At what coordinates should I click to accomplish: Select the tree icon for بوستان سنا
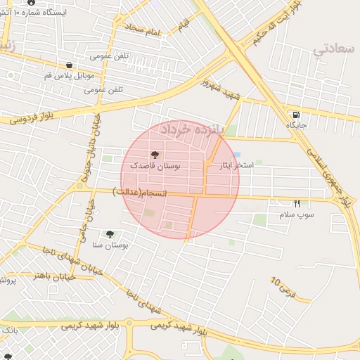pos(110,233)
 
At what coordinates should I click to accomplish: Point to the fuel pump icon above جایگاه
pos(296,115)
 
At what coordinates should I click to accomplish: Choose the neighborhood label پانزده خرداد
pos(190,129)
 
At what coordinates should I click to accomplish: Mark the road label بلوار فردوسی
pos(32,120)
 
